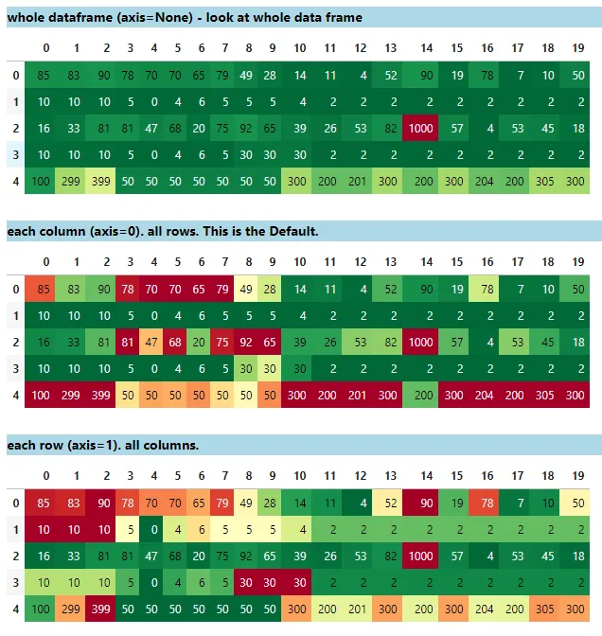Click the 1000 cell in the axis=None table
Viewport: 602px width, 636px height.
coord(425,128)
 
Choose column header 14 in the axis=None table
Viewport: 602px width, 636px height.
coord(426,48)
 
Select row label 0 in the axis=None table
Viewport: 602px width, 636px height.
coord(15,75)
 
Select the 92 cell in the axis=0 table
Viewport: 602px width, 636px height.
coord(248,342)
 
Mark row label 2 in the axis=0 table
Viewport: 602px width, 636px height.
coord(15,342)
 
